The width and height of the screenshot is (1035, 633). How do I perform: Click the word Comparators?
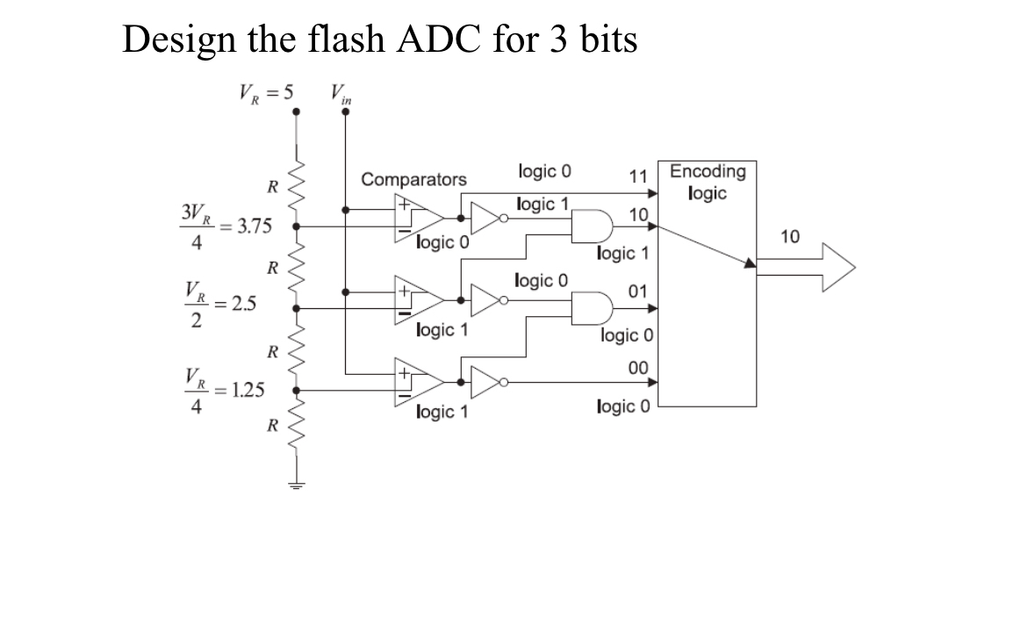pyautogui.click(x=414, y=180)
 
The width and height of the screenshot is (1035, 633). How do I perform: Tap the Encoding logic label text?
pyautogui.click(x=708, y=182)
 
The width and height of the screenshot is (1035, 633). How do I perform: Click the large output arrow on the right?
pyautogui.click(x=808, y=263)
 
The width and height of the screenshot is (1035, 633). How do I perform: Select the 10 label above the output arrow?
pyautogui.click(x=790, y=236)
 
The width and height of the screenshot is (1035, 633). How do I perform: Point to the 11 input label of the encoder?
pyautogui.click(x=638, y=176)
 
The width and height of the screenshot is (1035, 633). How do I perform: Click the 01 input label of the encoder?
pyautogui.click(x=638, y=291)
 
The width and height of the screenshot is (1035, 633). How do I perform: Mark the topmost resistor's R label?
pyautogui.click(x=273, y=186)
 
